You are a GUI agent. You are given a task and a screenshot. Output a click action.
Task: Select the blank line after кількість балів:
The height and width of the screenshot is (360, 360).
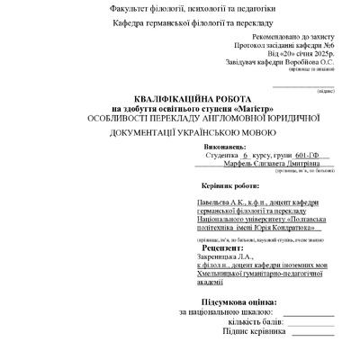click(307, 322)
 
